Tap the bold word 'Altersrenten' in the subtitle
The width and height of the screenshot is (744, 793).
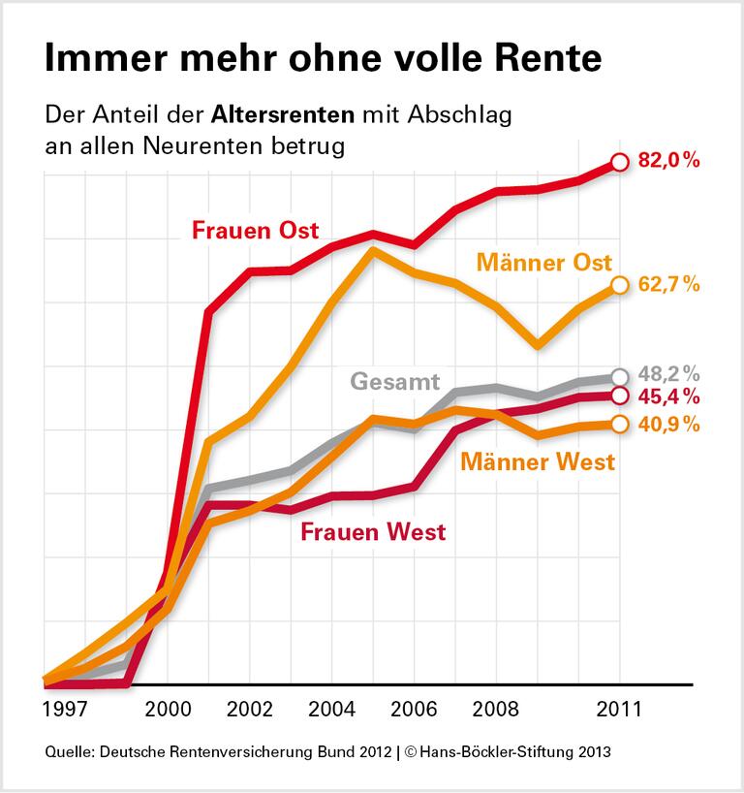tap(281, 116)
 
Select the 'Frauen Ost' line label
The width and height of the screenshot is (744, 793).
tap(255, 231)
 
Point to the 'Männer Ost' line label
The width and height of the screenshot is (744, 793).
tap(544, 262)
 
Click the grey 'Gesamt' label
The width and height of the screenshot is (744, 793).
tap(395, 380)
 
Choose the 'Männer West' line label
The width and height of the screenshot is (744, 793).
tap(538, 461)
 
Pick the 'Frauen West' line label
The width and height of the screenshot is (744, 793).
tap(373, 531)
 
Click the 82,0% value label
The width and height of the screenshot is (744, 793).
tap(669, 162)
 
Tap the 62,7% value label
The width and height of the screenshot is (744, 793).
tap(669, 284)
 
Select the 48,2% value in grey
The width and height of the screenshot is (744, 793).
tap(669, 374)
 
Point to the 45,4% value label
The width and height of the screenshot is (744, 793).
tap(669, 396)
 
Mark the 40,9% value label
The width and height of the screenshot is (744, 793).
tap(669, 424)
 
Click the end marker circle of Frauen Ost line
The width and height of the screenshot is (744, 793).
tap(620, 163)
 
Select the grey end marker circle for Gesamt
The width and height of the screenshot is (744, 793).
tap(620, 377)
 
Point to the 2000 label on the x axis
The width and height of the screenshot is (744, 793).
tap(168, 709)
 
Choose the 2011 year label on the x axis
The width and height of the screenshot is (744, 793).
tap(620, 709)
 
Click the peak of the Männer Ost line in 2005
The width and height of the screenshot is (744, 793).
tap(373, 250)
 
